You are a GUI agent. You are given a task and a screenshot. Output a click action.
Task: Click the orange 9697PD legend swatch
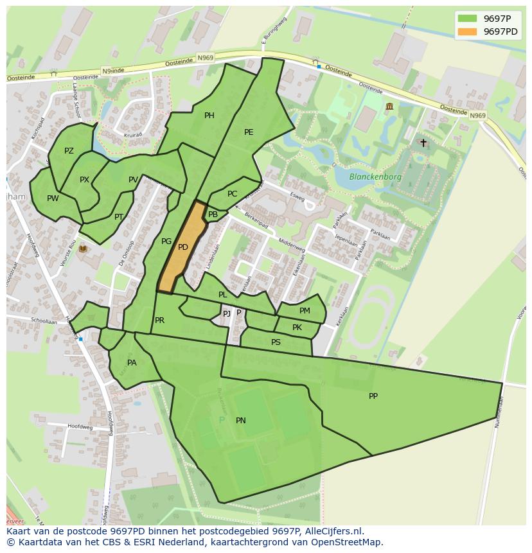[x=467, y=31]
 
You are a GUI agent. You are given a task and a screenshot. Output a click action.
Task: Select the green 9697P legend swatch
[x=467, y=19]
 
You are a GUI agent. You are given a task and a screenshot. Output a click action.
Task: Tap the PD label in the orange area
[x=183, y=247]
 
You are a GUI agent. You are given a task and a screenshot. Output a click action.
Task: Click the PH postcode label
[x=209, y=116]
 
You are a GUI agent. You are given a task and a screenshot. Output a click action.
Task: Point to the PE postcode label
[x=249, y=132]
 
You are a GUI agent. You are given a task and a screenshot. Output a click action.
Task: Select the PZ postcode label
[x=69, y=151]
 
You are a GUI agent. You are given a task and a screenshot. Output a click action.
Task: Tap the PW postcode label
[x=53, y=198]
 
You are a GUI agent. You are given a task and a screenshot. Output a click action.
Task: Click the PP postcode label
[x=373, y=396]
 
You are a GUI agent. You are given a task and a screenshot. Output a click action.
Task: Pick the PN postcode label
[x=241, y=421]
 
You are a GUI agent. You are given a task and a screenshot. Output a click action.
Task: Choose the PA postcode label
[x=132, y=363]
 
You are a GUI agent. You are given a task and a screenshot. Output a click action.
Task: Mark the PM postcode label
[x=305, y=311]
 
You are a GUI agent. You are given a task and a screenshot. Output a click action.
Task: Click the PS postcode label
[x=276, y=342]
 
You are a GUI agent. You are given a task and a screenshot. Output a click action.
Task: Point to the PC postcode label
[x=232, y=194]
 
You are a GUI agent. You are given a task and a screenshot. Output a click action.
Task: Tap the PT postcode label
[x=119, y=217]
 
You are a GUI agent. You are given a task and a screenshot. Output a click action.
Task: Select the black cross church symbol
[x=423, y=143]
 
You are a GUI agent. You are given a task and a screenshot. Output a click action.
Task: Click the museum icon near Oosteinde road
[x=389, y=107]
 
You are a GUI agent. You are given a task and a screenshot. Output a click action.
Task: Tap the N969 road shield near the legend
[x=477, y=116]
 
